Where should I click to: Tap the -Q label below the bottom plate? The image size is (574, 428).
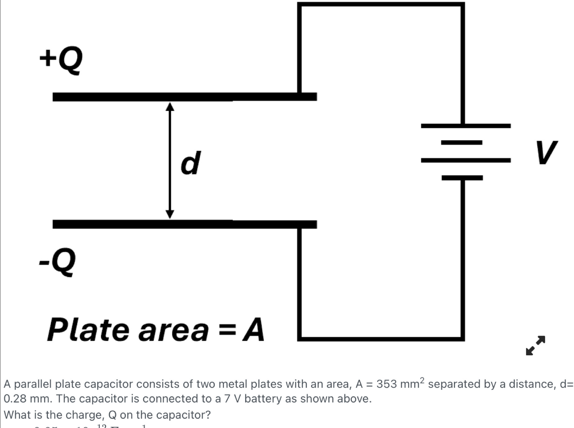(57, 261)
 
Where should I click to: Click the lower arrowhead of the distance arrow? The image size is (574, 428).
(170, 214)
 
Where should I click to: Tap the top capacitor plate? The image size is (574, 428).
(185, 97)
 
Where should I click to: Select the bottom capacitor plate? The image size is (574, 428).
(185, 224)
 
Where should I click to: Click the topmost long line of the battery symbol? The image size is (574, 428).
(466, 126)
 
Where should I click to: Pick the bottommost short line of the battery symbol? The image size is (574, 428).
(462, 178)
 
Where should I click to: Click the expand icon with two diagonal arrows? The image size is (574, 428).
(535, 345)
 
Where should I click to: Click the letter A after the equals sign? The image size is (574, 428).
(254, 330)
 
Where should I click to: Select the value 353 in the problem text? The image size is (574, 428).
(387, 384)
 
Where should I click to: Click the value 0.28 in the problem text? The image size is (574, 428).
(15, 399)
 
